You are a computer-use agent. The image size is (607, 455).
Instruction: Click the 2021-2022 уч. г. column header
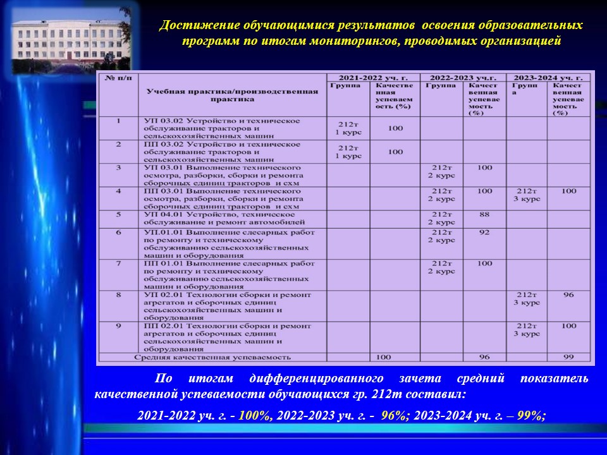pyautogui.click(x=373, y=77)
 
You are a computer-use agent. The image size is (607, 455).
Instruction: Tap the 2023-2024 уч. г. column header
pyautogui.click(x=548, y=77)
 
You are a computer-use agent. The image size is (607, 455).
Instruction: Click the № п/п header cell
pyautogui.click(x=118, y=78)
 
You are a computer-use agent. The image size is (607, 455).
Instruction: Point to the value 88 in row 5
pyautogui.click(x=484, y=215)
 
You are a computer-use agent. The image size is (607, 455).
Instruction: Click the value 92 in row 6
pyautogui.click(x=484, y=233)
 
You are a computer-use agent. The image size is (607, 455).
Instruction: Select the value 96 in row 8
pyautogui.click(x=568, y=294)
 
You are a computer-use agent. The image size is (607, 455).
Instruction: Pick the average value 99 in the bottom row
pyautogui.click(x=568, y=357)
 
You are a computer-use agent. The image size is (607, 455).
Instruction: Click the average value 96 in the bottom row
pyautogui.click(x=484, y=357)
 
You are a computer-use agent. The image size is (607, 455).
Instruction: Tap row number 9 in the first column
pyautogui.click(x=118, y=326)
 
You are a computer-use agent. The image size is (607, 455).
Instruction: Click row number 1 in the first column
pyautogui.click(x=118, y=121)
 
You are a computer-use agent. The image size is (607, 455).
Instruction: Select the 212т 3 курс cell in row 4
pyautogui.click(x=527, y=195)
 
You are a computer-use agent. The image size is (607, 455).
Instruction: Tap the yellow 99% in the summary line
pyautogui.click(x=530, y=415)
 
